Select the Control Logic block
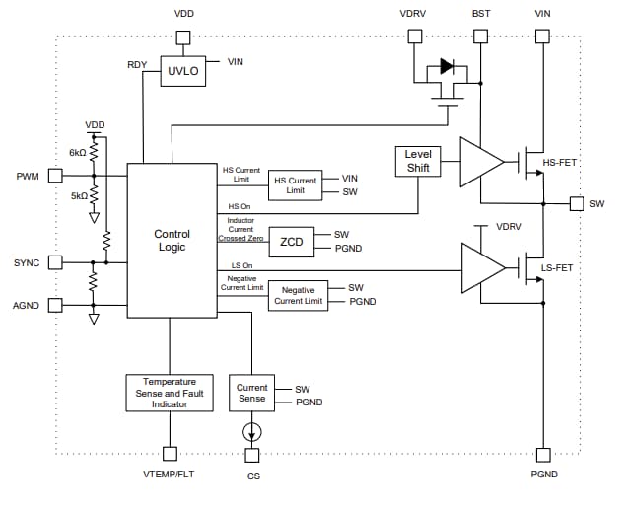pyautogui.click(x=172, y=240)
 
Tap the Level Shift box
pyautogui.click(x=418, y=162)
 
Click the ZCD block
pyautogui.click(x=291, y=242)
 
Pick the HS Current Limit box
pyautogui.click(x=295, y=184)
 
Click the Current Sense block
pyautogui.click(x=251, y=394)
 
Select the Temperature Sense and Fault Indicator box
pyautogui.click(x=170, y=393)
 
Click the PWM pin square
pyautogui.click(x=55, y=176)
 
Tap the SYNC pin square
pyautogui.click(x=55, y=262)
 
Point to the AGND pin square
pyautogui.click(x=55, y=305)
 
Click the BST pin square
pyautogui.click(x=480, y=37)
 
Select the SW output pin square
pyautogui.click(x=576, y=204)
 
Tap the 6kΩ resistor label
pyautogui.click(x=77, y=152)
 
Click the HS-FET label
pyautogui.click(x=560, y=163)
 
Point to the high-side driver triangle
pyautogui.click(x=479, y=161)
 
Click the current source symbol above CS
pyautogui.click(x=252, y=431)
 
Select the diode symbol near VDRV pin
pyautogui.click(x=448, y=67)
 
